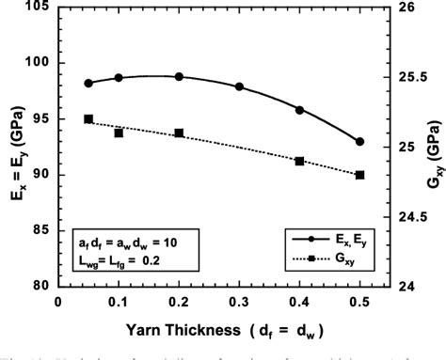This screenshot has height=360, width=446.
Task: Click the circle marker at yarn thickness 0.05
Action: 88,83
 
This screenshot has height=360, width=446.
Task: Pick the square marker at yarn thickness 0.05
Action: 88,119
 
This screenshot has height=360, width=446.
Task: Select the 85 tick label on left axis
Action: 42,230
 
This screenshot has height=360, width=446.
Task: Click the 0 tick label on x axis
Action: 58,303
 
